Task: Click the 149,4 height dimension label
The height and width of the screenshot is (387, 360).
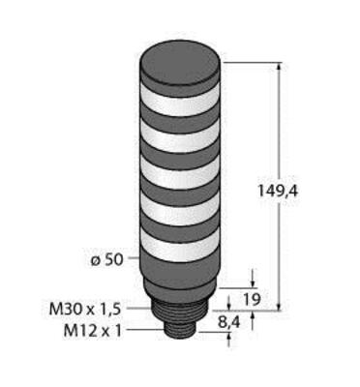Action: click(278, 192)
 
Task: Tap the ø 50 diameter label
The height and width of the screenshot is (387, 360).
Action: click(106, 260)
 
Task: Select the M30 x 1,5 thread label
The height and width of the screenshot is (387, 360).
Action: click(85, 310)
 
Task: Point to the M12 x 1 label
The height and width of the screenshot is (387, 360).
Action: click(93, 331)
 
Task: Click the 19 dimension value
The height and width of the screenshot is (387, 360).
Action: click(252, 300)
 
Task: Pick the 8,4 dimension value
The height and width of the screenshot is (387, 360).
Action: click(229, 322)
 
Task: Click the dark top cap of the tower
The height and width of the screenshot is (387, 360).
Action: click(180, 65)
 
